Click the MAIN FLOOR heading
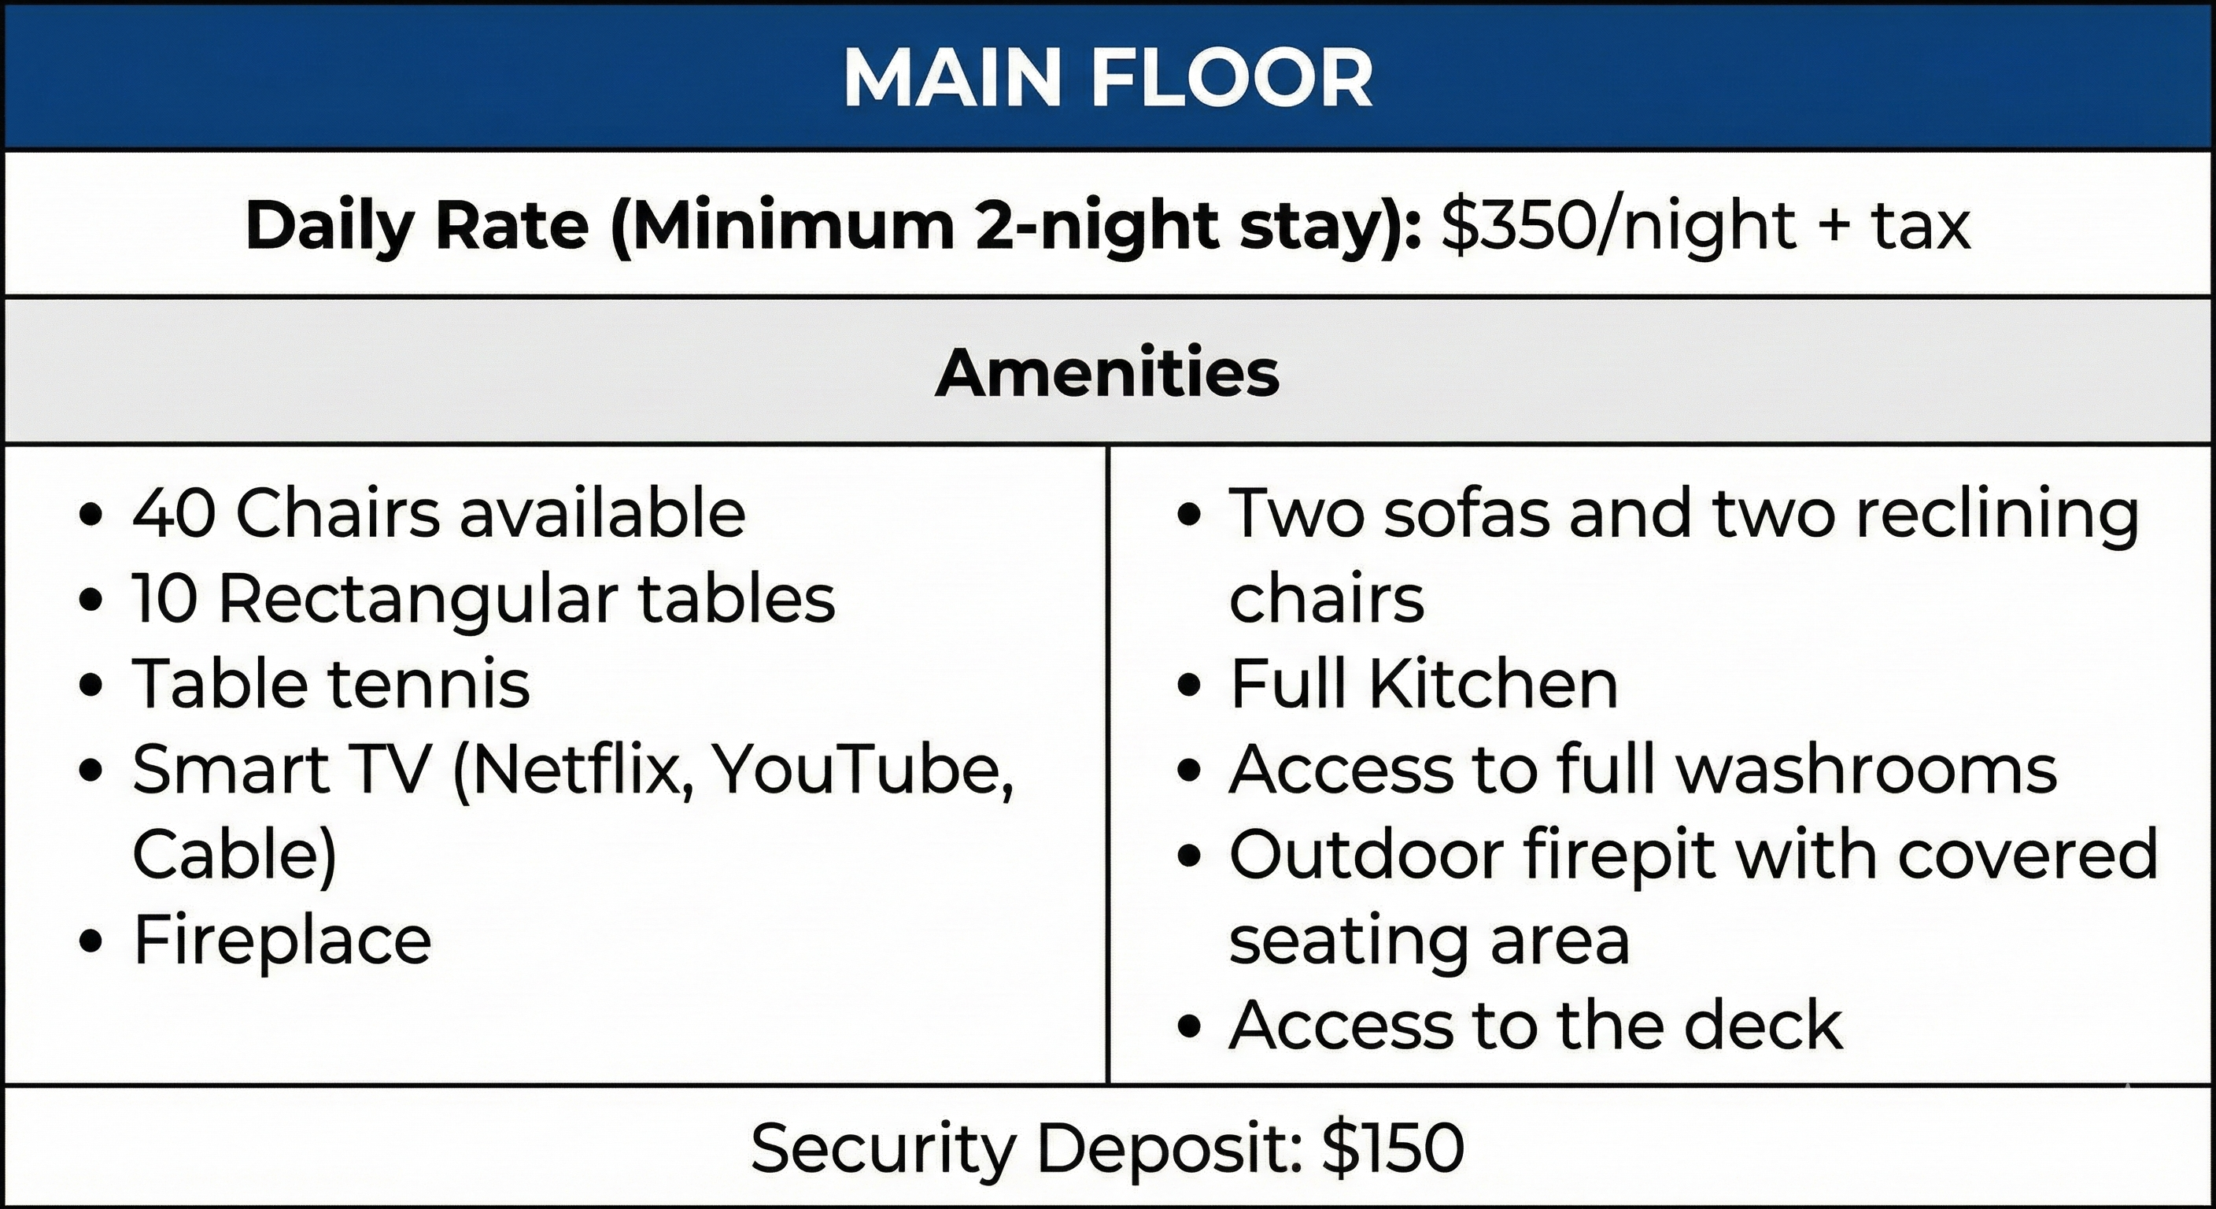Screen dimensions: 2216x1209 [1108, 77]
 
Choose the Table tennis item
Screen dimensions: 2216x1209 [331, 684]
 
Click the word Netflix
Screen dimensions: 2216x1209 [573, 770]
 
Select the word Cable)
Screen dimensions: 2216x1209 [235, 855]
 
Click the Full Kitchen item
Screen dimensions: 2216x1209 [1424, 684]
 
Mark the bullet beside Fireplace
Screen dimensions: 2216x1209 [90, 942]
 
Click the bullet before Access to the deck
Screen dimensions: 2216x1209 [1188, 1027]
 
